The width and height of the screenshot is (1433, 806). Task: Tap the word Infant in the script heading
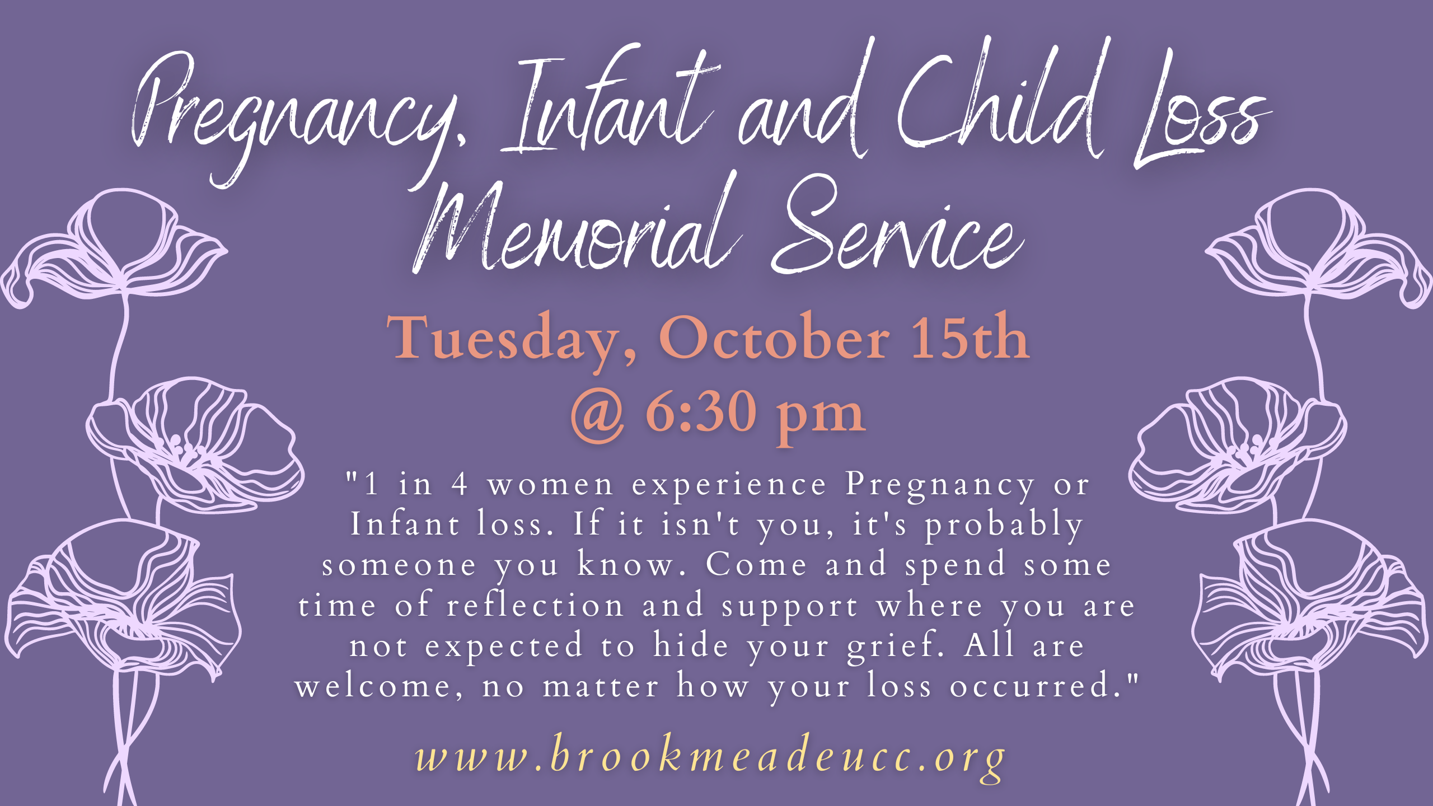(x=607, y=101)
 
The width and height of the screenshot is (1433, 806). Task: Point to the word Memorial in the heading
(x=577, y=224)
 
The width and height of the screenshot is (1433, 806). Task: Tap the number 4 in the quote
(x=460, y=484)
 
